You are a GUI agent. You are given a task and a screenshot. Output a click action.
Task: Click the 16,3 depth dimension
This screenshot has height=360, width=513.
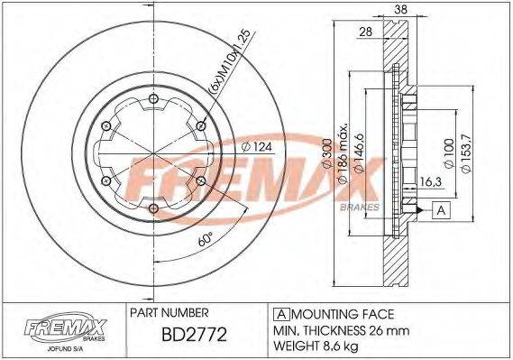(x=430, y=182)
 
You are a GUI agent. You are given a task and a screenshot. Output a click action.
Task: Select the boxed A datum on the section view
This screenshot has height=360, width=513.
(x=441, y=210)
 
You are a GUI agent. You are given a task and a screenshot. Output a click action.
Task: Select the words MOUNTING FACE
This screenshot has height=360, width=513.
(x=342, y=314)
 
